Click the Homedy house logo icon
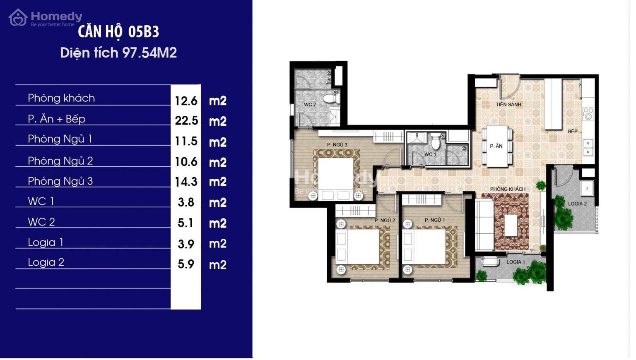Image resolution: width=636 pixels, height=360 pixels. pyautogui.click(x=18, y=18)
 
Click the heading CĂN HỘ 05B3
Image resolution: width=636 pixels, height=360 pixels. pyautogui.click(x=118, y=31)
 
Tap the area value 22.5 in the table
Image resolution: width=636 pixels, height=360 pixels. pyautogui.click(x=186, y=120)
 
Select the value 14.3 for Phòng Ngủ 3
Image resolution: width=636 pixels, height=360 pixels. pyautogui.click(x=186, y=182)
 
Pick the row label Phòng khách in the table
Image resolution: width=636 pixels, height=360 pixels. pyautogui.click(x=61, y=98)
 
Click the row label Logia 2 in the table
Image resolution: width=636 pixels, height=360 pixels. pyautogui.click(x=46, y=262)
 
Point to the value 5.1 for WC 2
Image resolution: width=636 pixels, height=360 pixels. pyautogui.click(x=185, y=223)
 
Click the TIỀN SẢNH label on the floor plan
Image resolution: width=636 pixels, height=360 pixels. pyautogui.click(x=508, y=104)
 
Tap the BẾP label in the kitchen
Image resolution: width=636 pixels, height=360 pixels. pyautogui.click(x=573, y=131)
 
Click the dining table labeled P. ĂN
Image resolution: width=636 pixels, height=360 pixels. pyautogui.click(x=497, y=146)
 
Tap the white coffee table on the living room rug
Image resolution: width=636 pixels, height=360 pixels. pyautogui.click(x=511, y=226)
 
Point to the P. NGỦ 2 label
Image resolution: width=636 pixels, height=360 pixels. pyautogui.click(x=385, y=221)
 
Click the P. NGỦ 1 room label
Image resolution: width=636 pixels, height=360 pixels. pyautogui.click(x=435, y=220)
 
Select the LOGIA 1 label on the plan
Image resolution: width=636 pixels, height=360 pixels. pyautogui.click(x=516, y=262)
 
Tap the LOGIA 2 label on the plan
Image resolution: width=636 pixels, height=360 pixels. pyautogui.click(x=577, y=204)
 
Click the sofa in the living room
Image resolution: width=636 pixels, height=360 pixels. pyautogui.click(x=485, y=225)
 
